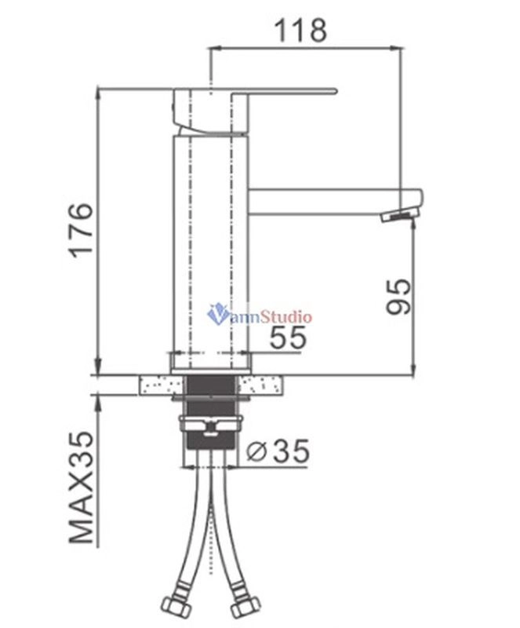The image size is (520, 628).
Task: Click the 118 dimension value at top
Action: [300, 30]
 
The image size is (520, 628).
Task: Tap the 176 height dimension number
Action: [81, 230]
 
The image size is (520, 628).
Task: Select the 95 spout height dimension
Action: [398, 296]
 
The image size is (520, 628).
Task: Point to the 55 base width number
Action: [288, 338]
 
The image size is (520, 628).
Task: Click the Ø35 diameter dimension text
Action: [278, 450]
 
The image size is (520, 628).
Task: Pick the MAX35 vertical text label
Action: [82, 487]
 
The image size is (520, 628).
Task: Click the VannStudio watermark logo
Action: [260, 315]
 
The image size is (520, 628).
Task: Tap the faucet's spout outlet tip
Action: [400, 216]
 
